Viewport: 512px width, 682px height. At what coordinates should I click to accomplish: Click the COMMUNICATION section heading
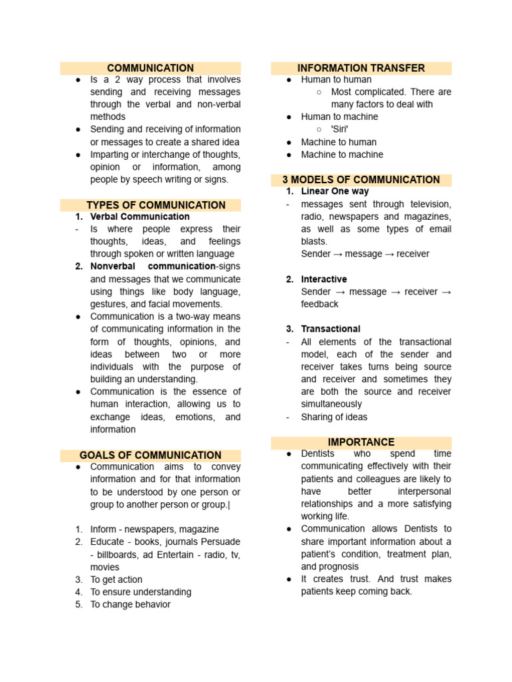coord(150,68)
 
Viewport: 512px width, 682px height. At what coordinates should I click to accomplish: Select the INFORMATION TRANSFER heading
coord(361,68)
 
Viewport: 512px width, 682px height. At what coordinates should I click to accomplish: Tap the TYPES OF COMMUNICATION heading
coord(156,205)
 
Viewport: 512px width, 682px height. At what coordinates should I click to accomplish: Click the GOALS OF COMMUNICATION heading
coord(150,455)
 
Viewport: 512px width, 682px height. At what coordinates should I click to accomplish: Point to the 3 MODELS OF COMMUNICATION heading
coord(361,180)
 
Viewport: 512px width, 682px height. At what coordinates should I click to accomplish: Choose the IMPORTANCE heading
coord(361,442)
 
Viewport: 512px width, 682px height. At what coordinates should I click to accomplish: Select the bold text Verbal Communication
coord(140,216)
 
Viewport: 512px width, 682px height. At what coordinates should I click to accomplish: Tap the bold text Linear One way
coord(335,191)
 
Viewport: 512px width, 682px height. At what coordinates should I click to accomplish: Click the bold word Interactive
coord(324,279)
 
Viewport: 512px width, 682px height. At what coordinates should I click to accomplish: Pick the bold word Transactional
coord(331,329)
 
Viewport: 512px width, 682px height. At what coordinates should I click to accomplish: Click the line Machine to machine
coord(342,155)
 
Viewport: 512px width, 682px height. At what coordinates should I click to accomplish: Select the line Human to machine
coord(339,117)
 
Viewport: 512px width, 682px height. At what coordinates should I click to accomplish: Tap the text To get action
coord(116,579)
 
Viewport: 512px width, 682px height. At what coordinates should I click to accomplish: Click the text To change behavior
coord(130,605)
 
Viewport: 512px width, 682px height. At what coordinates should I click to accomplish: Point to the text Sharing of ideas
coord(334,417)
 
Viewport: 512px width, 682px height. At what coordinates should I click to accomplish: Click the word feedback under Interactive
coord(319,304)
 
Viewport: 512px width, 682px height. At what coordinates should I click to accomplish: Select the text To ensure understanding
coord(141,592)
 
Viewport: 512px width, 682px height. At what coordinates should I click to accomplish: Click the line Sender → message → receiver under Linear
coord(365,254)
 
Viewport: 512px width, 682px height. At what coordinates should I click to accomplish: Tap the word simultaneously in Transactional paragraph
coord(331,404)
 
